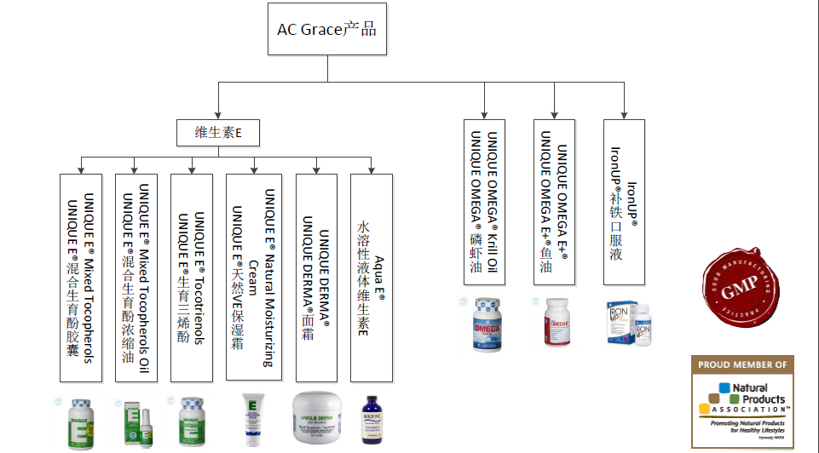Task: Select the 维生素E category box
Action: (216, 133)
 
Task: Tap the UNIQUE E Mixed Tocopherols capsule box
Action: (82, 278)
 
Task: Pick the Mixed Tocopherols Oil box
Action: (136, 278)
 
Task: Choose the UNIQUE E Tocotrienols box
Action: (192, 278)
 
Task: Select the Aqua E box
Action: (371, 278)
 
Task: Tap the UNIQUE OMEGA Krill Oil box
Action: (484, 203)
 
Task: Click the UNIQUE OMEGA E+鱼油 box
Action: (555, 203)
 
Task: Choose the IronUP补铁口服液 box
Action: (624, 203)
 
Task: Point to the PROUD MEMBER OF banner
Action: (741, 364)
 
